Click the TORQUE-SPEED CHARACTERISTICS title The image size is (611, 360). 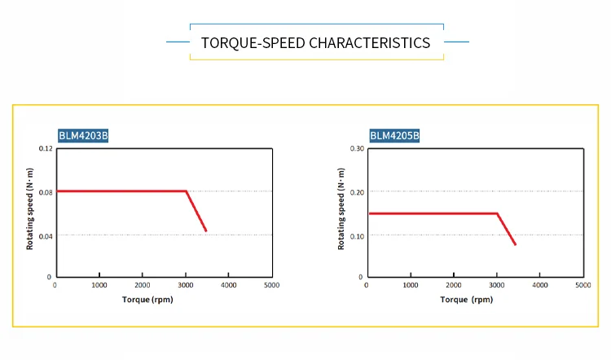click(315, 42)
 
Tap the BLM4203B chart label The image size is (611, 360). click(83, 136)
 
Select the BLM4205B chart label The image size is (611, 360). click(395, 136)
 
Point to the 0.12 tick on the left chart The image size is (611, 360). click(46, 148)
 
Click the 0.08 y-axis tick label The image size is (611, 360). click(46, 191)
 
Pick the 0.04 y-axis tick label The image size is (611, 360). click(46, 235)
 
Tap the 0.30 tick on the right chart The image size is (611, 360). click(357, 148)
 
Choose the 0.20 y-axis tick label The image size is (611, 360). click(357, 192)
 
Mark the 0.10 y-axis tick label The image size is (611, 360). click(357, 235)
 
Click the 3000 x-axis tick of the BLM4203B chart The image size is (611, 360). click(186, 285)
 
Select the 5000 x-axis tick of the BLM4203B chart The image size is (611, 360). click(272, 285)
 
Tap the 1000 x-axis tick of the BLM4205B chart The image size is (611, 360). click(411, 285)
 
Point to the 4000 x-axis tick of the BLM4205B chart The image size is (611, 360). click(540, 285)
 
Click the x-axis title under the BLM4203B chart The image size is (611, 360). click(147, 300)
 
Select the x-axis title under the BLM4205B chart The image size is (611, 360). click(467, 300)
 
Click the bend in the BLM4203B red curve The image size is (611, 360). click(187, 191)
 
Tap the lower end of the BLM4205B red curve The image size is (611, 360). click(516, 244)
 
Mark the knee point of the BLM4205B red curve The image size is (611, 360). click(497, 213)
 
